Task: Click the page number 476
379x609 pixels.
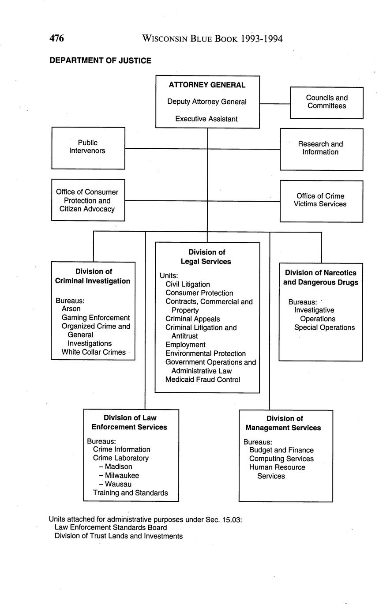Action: (56, 38)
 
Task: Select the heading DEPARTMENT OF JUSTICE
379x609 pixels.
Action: (100, 60)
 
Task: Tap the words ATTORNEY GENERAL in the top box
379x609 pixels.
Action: (207, 85)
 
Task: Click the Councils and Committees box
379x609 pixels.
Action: (326, 102)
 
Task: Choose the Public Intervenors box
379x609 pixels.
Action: (88, 147)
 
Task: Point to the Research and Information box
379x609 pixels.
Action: (321, 149)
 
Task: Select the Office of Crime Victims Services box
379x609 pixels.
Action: (321, 200)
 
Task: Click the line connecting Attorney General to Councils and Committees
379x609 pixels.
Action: (274, 104)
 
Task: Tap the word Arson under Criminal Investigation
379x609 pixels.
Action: (71, 309)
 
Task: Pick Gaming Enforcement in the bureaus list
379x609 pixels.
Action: (96, 318)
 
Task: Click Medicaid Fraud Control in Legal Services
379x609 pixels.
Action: (203, 380)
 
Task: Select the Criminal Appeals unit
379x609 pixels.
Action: (192, 319)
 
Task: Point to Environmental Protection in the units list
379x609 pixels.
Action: (206, 353)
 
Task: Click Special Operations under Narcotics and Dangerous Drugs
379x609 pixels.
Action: (324, 327)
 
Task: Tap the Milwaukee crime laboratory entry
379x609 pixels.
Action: (121, 475)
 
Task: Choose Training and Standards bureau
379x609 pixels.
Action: (130, 493)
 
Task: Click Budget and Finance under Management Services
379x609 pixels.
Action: (281, 450)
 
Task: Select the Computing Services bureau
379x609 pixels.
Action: (281, 459)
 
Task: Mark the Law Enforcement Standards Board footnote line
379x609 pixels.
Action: (111, 527)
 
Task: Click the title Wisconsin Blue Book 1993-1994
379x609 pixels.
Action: (212, 39)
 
